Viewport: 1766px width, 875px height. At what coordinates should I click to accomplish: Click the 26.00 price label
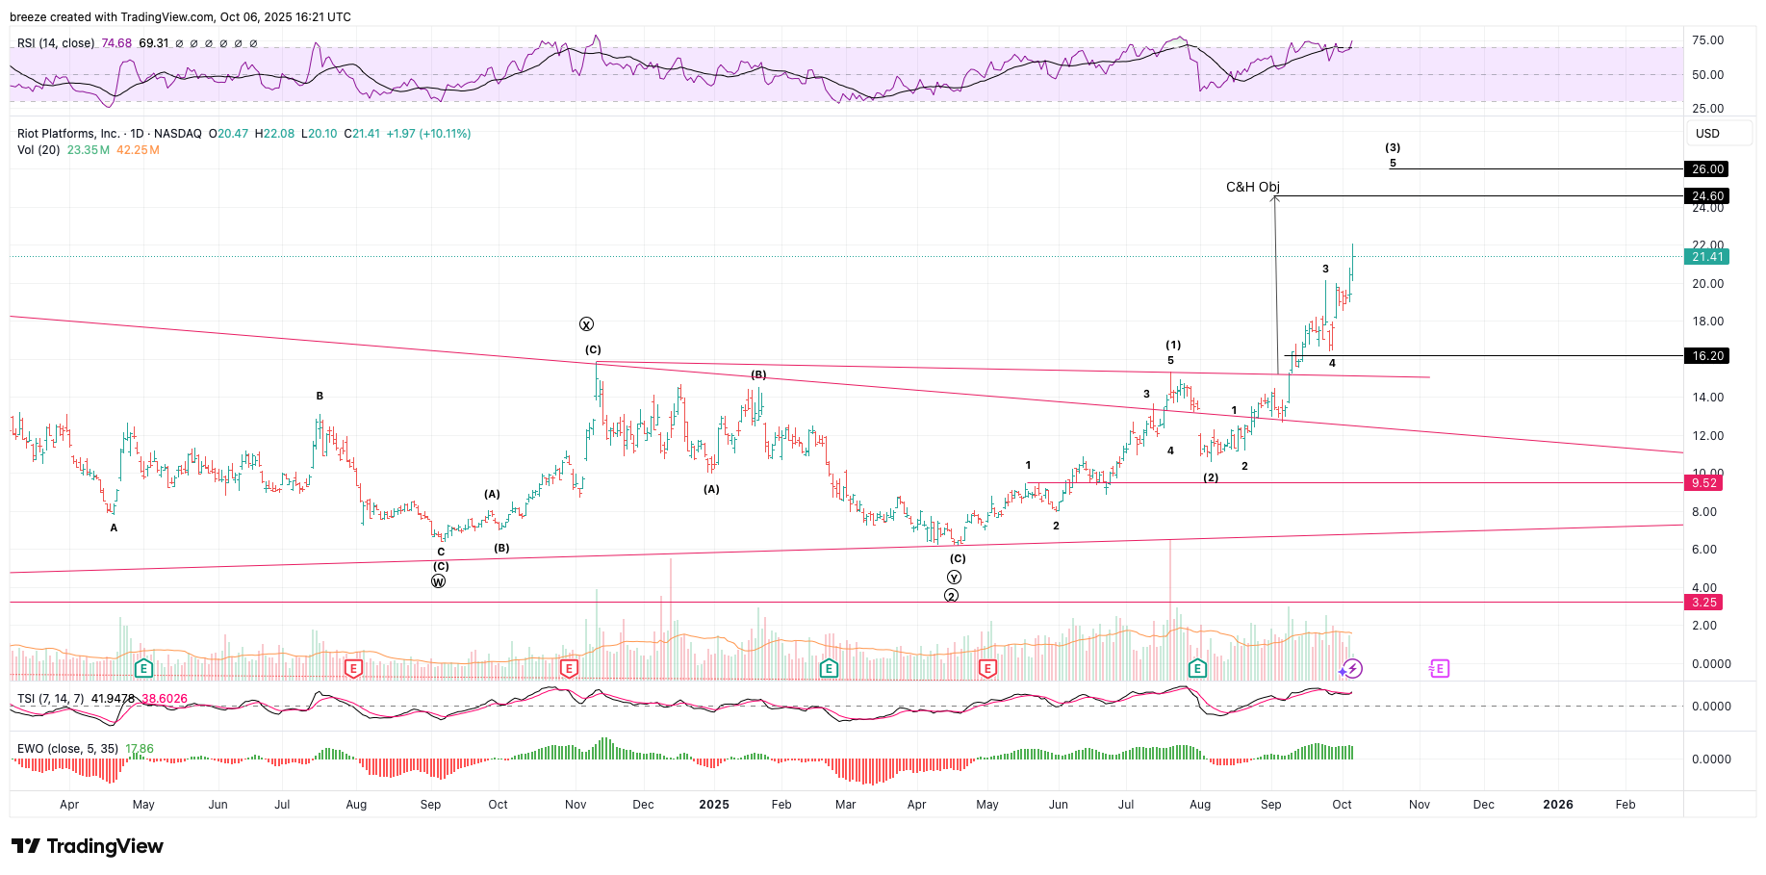(1707, 169)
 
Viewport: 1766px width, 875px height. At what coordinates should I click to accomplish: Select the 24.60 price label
(1707, 196)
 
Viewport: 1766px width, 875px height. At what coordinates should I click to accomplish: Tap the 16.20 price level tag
(1707, 356)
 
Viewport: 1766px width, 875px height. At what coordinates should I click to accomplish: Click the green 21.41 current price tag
(1707, 257)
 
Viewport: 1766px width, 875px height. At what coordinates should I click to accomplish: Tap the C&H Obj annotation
(1252, 187)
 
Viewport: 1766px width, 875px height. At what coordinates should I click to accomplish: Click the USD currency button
(1707, 134)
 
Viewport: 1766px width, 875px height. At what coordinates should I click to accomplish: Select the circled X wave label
(586, 324)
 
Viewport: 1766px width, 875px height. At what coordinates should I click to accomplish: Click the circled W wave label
(439, 581)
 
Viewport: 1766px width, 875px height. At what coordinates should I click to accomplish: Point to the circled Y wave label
(954, 578)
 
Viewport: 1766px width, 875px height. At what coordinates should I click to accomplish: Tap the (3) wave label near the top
(1393, 148)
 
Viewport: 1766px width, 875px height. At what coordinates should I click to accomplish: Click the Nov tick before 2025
(576, 805)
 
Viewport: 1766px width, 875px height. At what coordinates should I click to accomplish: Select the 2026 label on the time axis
(1558, 805)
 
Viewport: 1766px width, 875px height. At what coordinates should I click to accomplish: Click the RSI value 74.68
(116, 43)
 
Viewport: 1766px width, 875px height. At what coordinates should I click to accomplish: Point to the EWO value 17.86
(140, 749)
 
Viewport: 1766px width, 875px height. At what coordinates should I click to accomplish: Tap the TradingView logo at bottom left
(88, 846)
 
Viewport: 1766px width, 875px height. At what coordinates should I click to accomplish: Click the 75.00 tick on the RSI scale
(1707, 40)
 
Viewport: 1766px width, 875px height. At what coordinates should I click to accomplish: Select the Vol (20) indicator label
(39, 150)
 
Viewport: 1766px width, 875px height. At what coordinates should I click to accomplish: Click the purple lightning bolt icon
(1352, 668)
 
